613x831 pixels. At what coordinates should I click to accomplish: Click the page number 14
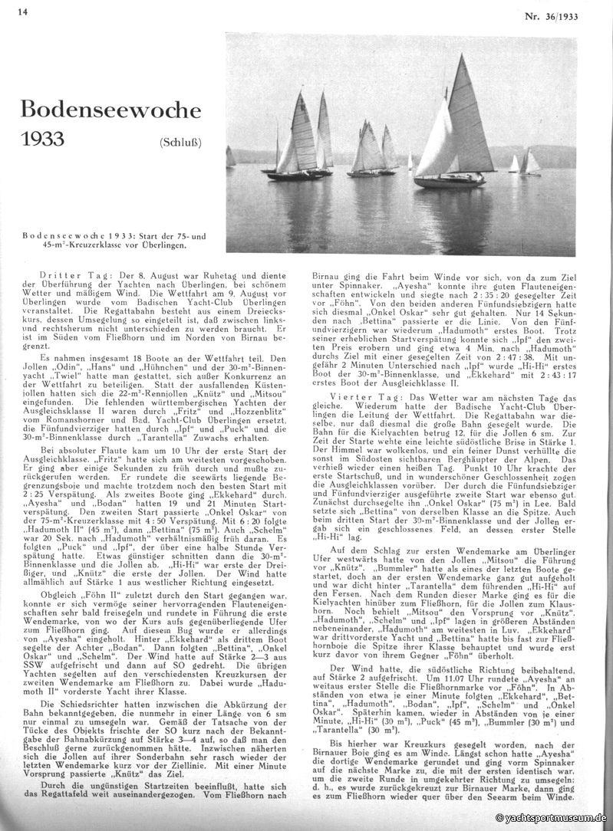22,11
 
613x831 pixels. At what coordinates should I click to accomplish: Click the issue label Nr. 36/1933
552,15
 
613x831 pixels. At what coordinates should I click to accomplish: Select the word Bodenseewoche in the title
110,109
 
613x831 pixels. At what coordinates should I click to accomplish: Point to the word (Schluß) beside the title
181,143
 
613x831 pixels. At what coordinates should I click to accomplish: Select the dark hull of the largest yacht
450,182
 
